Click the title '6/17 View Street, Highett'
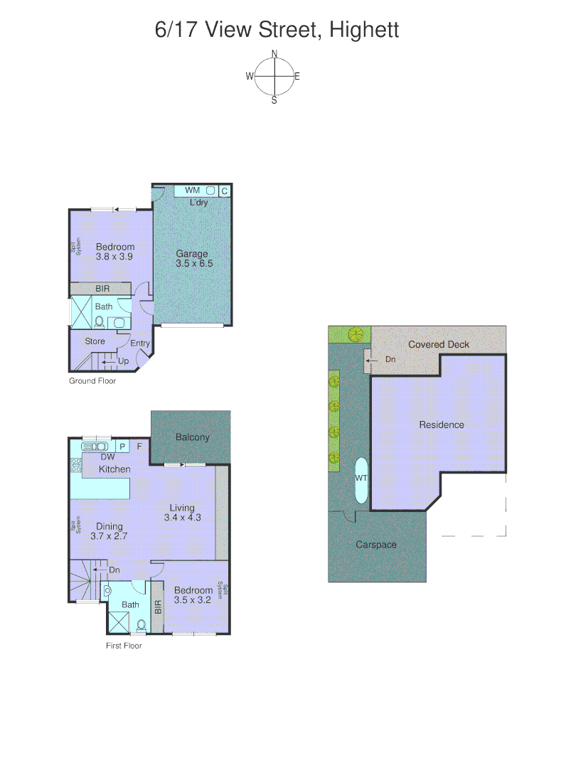[277, 31]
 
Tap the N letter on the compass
[274, 53]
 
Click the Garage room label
[193, 254]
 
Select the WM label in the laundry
[192, 191]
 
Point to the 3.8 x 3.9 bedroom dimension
[114, 257]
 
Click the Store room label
[95, 341]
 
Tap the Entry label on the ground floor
[140, 343]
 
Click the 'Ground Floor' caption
[92, 381]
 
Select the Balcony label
[193, 437]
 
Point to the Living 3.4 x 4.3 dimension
[182, 518]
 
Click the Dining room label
[110, 527]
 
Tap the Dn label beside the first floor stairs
[114, 570]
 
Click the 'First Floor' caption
[123, 646]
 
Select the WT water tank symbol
[361, 479]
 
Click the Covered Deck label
[439, 345]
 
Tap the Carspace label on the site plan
[376, 545]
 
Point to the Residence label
[442, 425]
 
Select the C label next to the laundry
[224, 191]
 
